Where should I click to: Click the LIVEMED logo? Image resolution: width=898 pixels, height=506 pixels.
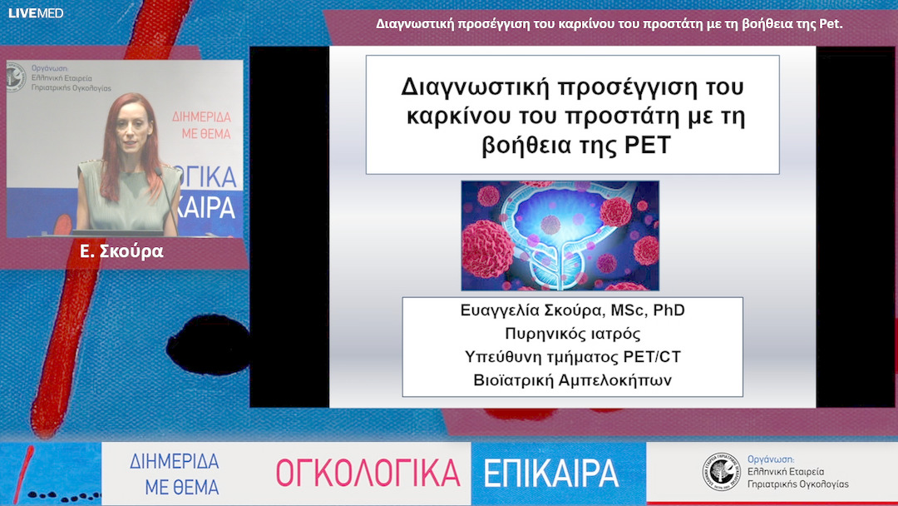[24, 13]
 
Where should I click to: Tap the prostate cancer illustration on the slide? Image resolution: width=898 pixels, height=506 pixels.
[560, 236]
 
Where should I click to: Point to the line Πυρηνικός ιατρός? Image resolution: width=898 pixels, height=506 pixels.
[572, 334]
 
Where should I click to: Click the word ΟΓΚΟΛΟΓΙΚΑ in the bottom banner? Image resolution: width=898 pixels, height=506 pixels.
[368, 473]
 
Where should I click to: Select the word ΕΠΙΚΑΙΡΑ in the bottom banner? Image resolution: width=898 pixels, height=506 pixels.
[551, 473]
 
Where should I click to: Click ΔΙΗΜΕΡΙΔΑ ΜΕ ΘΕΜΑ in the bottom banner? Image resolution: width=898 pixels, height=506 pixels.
[175, 474]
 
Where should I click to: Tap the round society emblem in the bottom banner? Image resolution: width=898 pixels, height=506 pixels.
[720, 472]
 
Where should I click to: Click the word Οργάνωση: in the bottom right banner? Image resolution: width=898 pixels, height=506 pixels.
[772, 459]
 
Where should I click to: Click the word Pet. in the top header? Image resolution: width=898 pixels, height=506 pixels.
[831, 24]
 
